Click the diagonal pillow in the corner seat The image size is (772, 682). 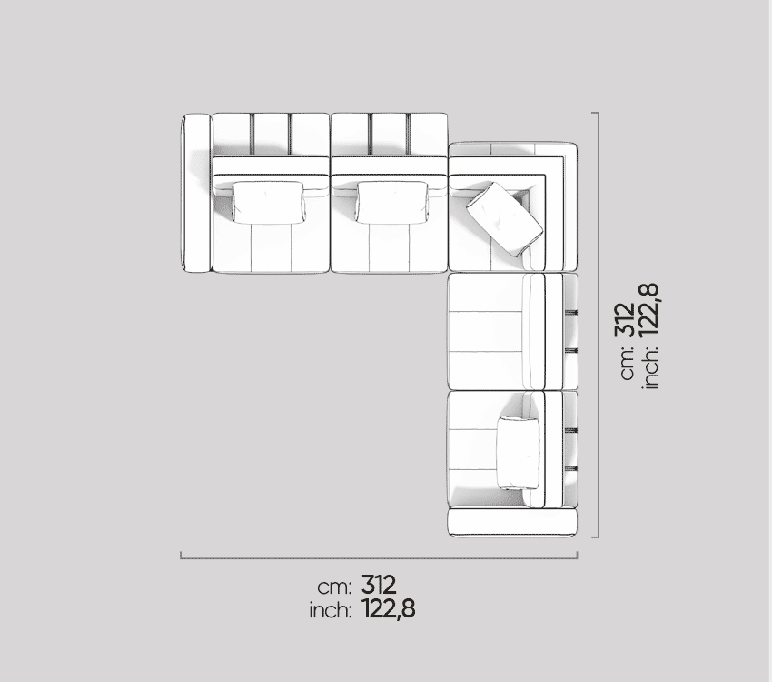pyautogui.click(x=505, y=219)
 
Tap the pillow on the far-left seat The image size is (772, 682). pyautogui.click(x=268, y=203)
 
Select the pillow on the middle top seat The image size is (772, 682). pyautogui.click(x=392, y=203)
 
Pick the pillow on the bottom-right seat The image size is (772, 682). pyautogui.click(x=519, y=454)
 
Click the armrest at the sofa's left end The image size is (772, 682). pyautogui.click(x=196, y=193)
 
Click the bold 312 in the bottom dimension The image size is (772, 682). pyautogui.click(x=379, y=585)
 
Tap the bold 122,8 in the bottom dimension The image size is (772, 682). pyautogui.click(x=389, y=609)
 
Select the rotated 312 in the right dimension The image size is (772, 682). pyautogui.click(x=625, y=320)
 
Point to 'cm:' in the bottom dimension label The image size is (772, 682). pyautogui.click(x=335, y=587)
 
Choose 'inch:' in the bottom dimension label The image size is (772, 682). pyautogui.click(x=331, y=610)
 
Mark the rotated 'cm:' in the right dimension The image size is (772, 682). pyautogui.click(x=628, y=362)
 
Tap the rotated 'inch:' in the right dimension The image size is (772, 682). pyautogui.click(x=651, y=367)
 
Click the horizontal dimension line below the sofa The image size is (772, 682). pyautogui.click(x=379, y=558)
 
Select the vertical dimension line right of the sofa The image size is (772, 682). pyautogui.click(x=599, y=325)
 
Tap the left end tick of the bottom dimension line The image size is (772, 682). pyautogui.click(x=181, y=555)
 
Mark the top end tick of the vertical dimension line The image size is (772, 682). pyautogui.click(x=595, y=113)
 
